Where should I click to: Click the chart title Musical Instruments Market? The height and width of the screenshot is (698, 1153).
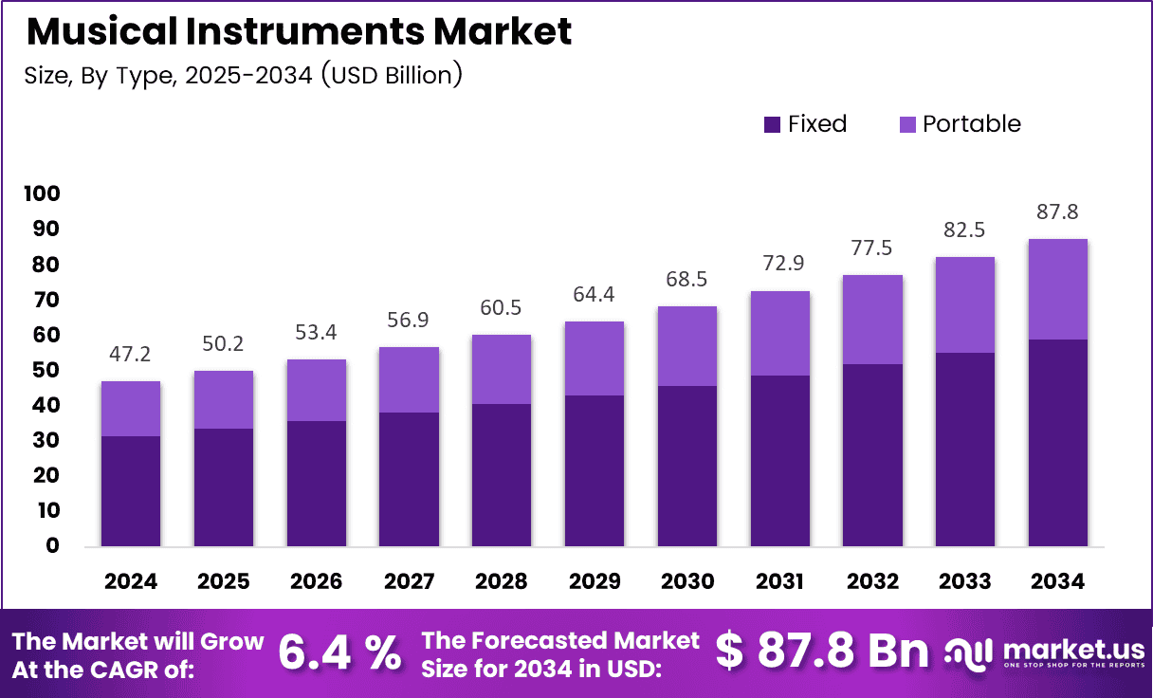pyautogui.click(x=299, y=32)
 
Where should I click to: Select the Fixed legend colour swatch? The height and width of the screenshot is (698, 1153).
pyautogui.click(x=772, y=124)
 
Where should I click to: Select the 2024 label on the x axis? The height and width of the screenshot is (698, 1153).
pyautogui.click(x=131, y=581)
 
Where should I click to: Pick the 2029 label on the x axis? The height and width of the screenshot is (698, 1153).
pyautogui.click(x=595, y=581)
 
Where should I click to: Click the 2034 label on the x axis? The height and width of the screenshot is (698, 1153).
pyautogui.click(x=1057, y=581)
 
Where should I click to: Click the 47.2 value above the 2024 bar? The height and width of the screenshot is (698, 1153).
pyautogui.click(x=131, y=355)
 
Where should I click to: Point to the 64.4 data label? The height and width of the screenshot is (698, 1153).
pyautogui.click(x=595, y=295)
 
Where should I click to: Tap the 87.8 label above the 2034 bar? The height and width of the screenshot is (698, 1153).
pyautogui.click(x=1057, y=211)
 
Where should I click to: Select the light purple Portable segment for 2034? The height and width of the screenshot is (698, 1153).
pyautogui.click(x=1057, y=289)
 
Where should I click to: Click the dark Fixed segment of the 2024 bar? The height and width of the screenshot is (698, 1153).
pyautogui.click(x=131, y=491)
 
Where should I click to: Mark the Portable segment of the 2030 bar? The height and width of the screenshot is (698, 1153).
pyautogui.click(x=687, y=346)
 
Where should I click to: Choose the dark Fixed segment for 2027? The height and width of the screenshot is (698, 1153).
pyautogui.click(x=409, y=479)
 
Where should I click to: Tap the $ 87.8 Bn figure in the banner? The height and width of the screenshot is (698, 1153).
pyautogui.click(x=822, y=652)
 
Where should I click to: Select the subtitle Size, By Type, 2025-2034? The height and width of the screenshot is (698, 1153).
pyautogui.click(x=243, y=75)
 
